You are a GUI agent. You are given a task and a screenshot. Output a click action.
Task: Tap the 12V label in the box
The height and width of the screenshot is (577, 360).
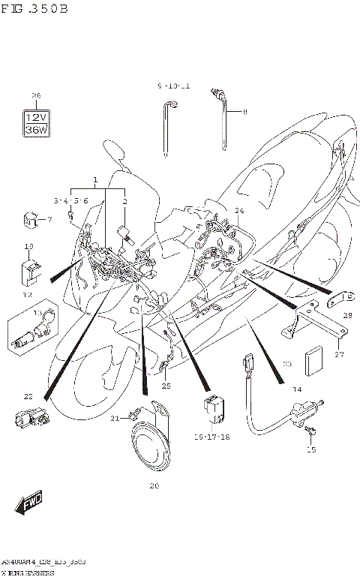pos(35,118)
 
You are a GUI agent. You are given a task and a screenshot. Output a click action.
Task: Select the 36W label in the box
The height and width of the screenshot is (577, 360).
pos(35,130)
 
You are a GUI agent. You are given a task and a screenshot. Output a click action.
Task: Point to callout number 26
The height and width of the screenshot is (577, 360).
pos(35,95)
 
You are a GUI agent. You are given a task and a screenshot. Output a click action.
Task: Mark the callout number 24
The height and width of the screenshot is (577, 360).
pos(239,211)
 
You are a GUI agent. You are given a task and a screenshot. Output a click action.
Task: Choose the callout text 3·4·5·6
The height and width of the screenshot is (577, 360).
pos(71,201)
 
